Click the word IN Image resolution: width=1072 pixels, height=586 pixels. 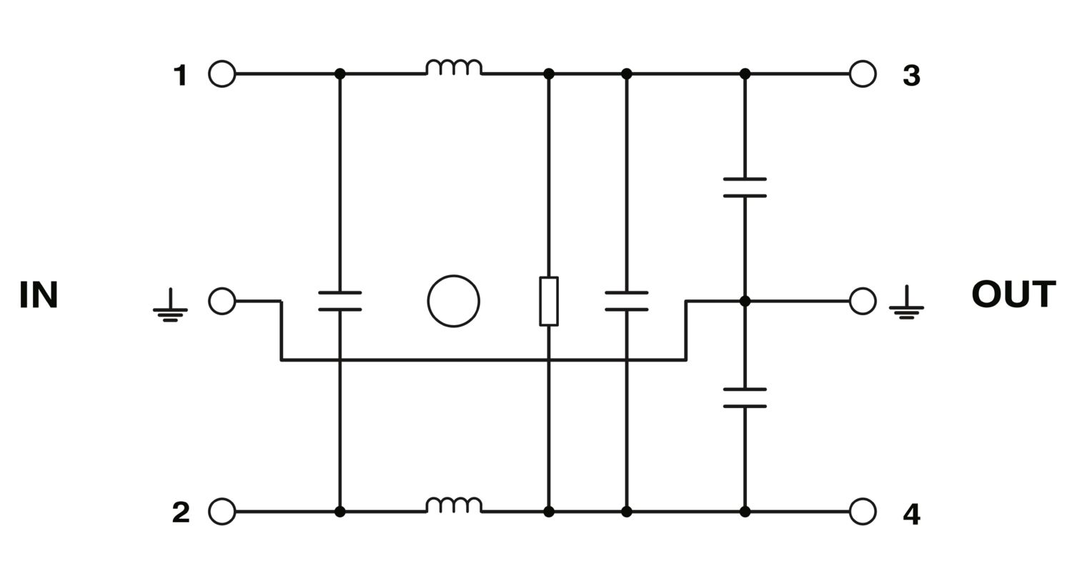(39, 294)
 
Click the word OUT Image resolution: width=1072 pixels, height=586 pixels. (1013, 294)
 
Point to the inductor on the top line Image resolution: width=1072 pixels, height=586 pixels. (454, 67)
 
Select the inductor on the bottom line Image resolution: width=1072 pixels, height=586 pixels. (454, 505)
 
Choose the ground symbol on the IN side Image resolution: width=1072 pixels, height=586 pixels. (170, 305)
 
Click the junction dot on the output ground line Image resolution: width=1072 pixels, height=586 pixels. (745, 302)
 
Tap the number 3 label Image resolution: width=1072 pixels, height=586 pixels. (911, 76)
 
